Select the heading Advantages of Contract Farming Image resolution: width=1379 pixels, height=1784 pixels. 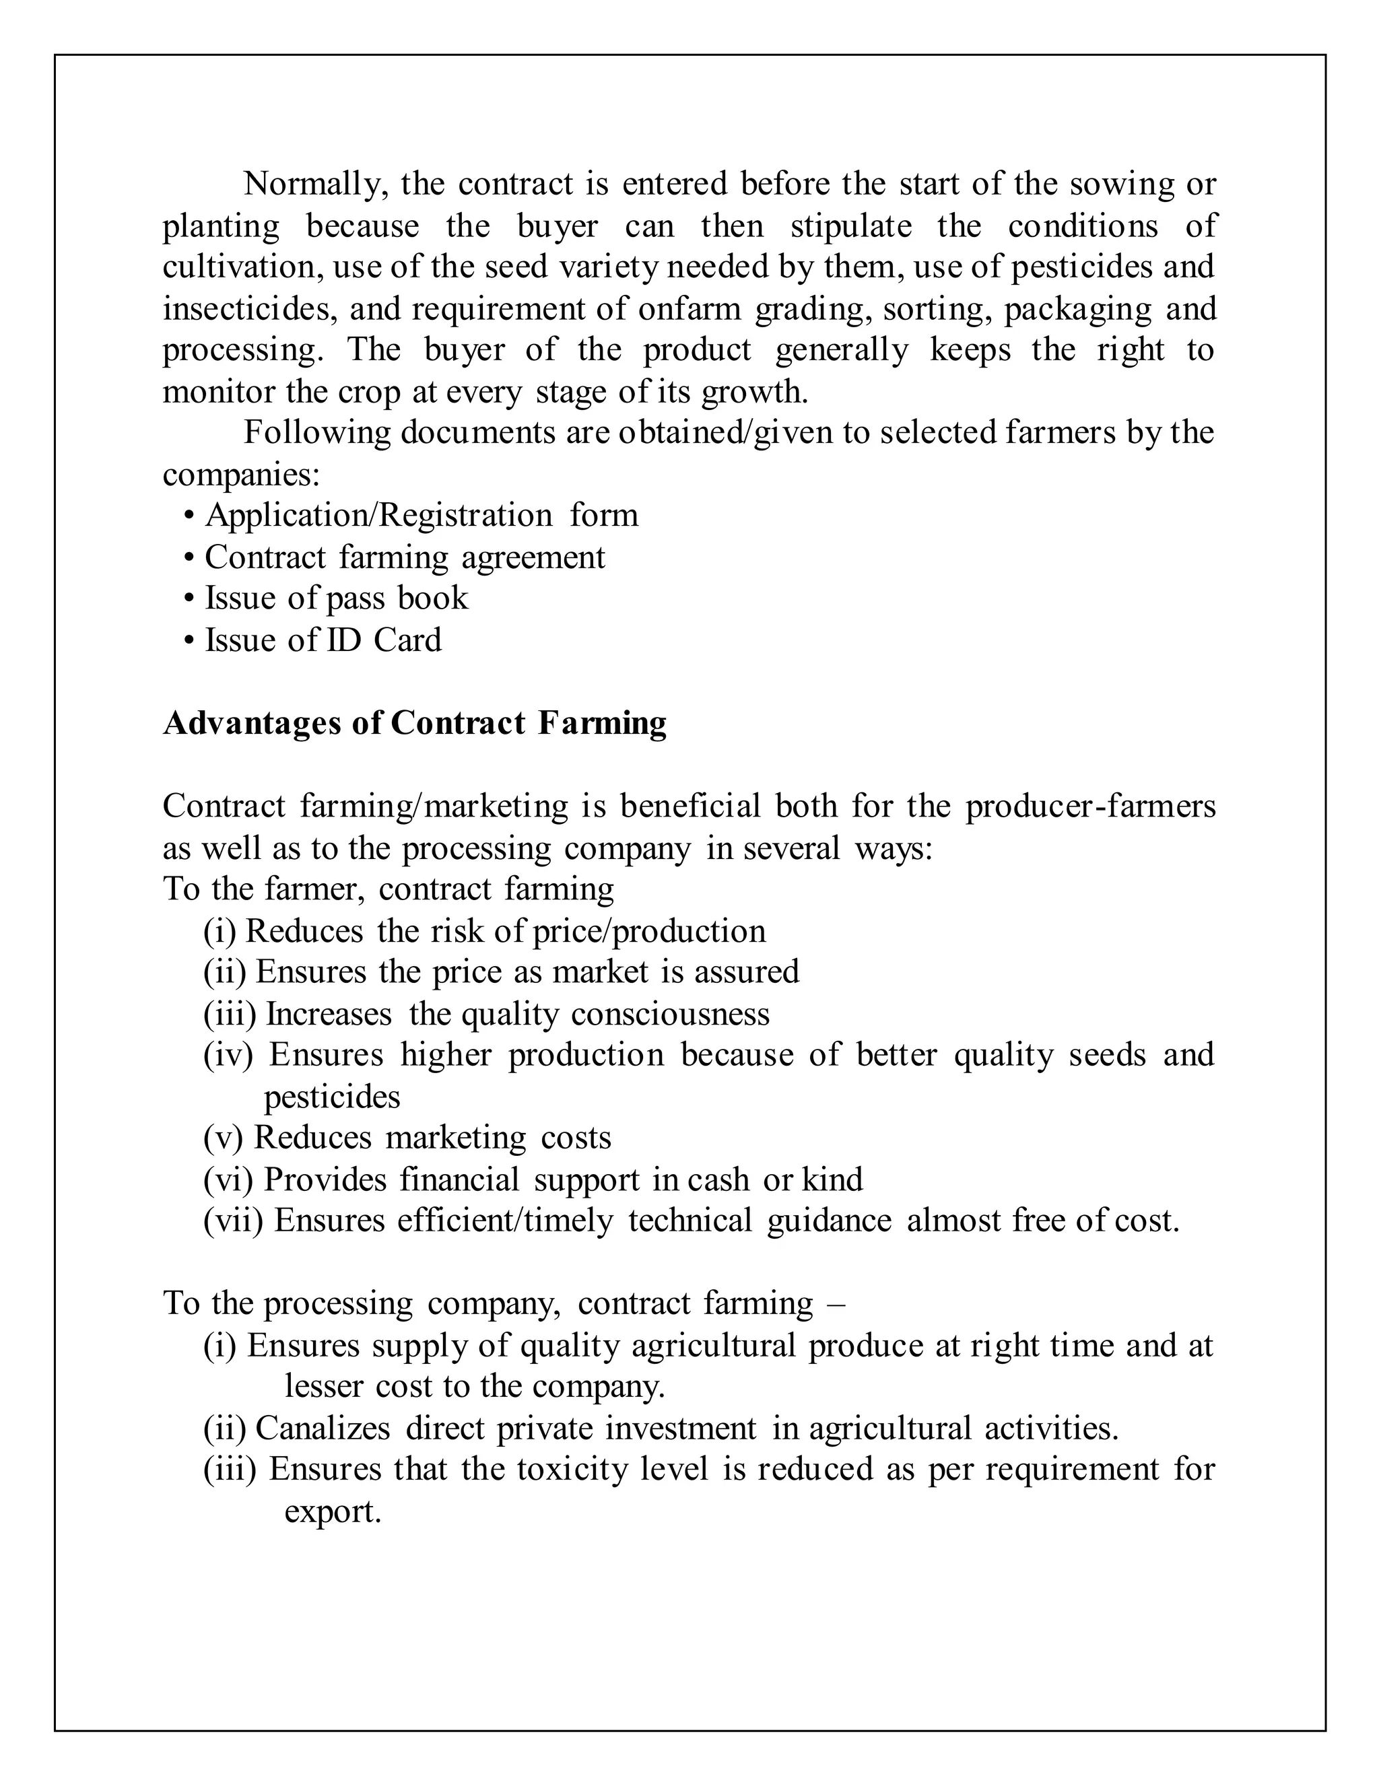[x=414, y=724]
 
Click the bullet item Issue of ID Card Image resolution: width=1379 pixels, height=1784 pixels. [x=323, y=640]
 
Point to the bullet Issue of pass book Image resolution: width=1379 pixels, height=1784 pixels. [x=336, y=598]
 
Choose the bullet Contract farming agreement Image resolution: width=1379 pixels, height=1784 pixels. [x=405, y=558]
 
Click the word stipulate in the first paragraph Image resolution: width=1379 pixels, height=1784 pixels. [x=850, y=226]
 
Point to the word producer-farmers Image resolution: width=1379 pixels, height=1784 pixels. [x=1090, y=807]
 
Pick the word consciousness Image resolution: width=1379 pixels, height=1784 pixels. [x=670, y=1015]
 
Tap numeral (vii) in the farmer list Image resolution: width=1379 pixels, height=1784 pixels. [x=233, y=1221]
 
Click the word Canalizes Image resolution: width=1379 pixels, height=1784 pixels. [x=323, y=1429]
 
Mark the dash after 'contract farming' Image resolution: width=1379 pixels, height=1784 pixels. [x=836, y=1304]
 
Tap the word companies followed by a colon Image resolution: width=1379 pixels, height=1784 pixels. [x=240, y=475]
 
